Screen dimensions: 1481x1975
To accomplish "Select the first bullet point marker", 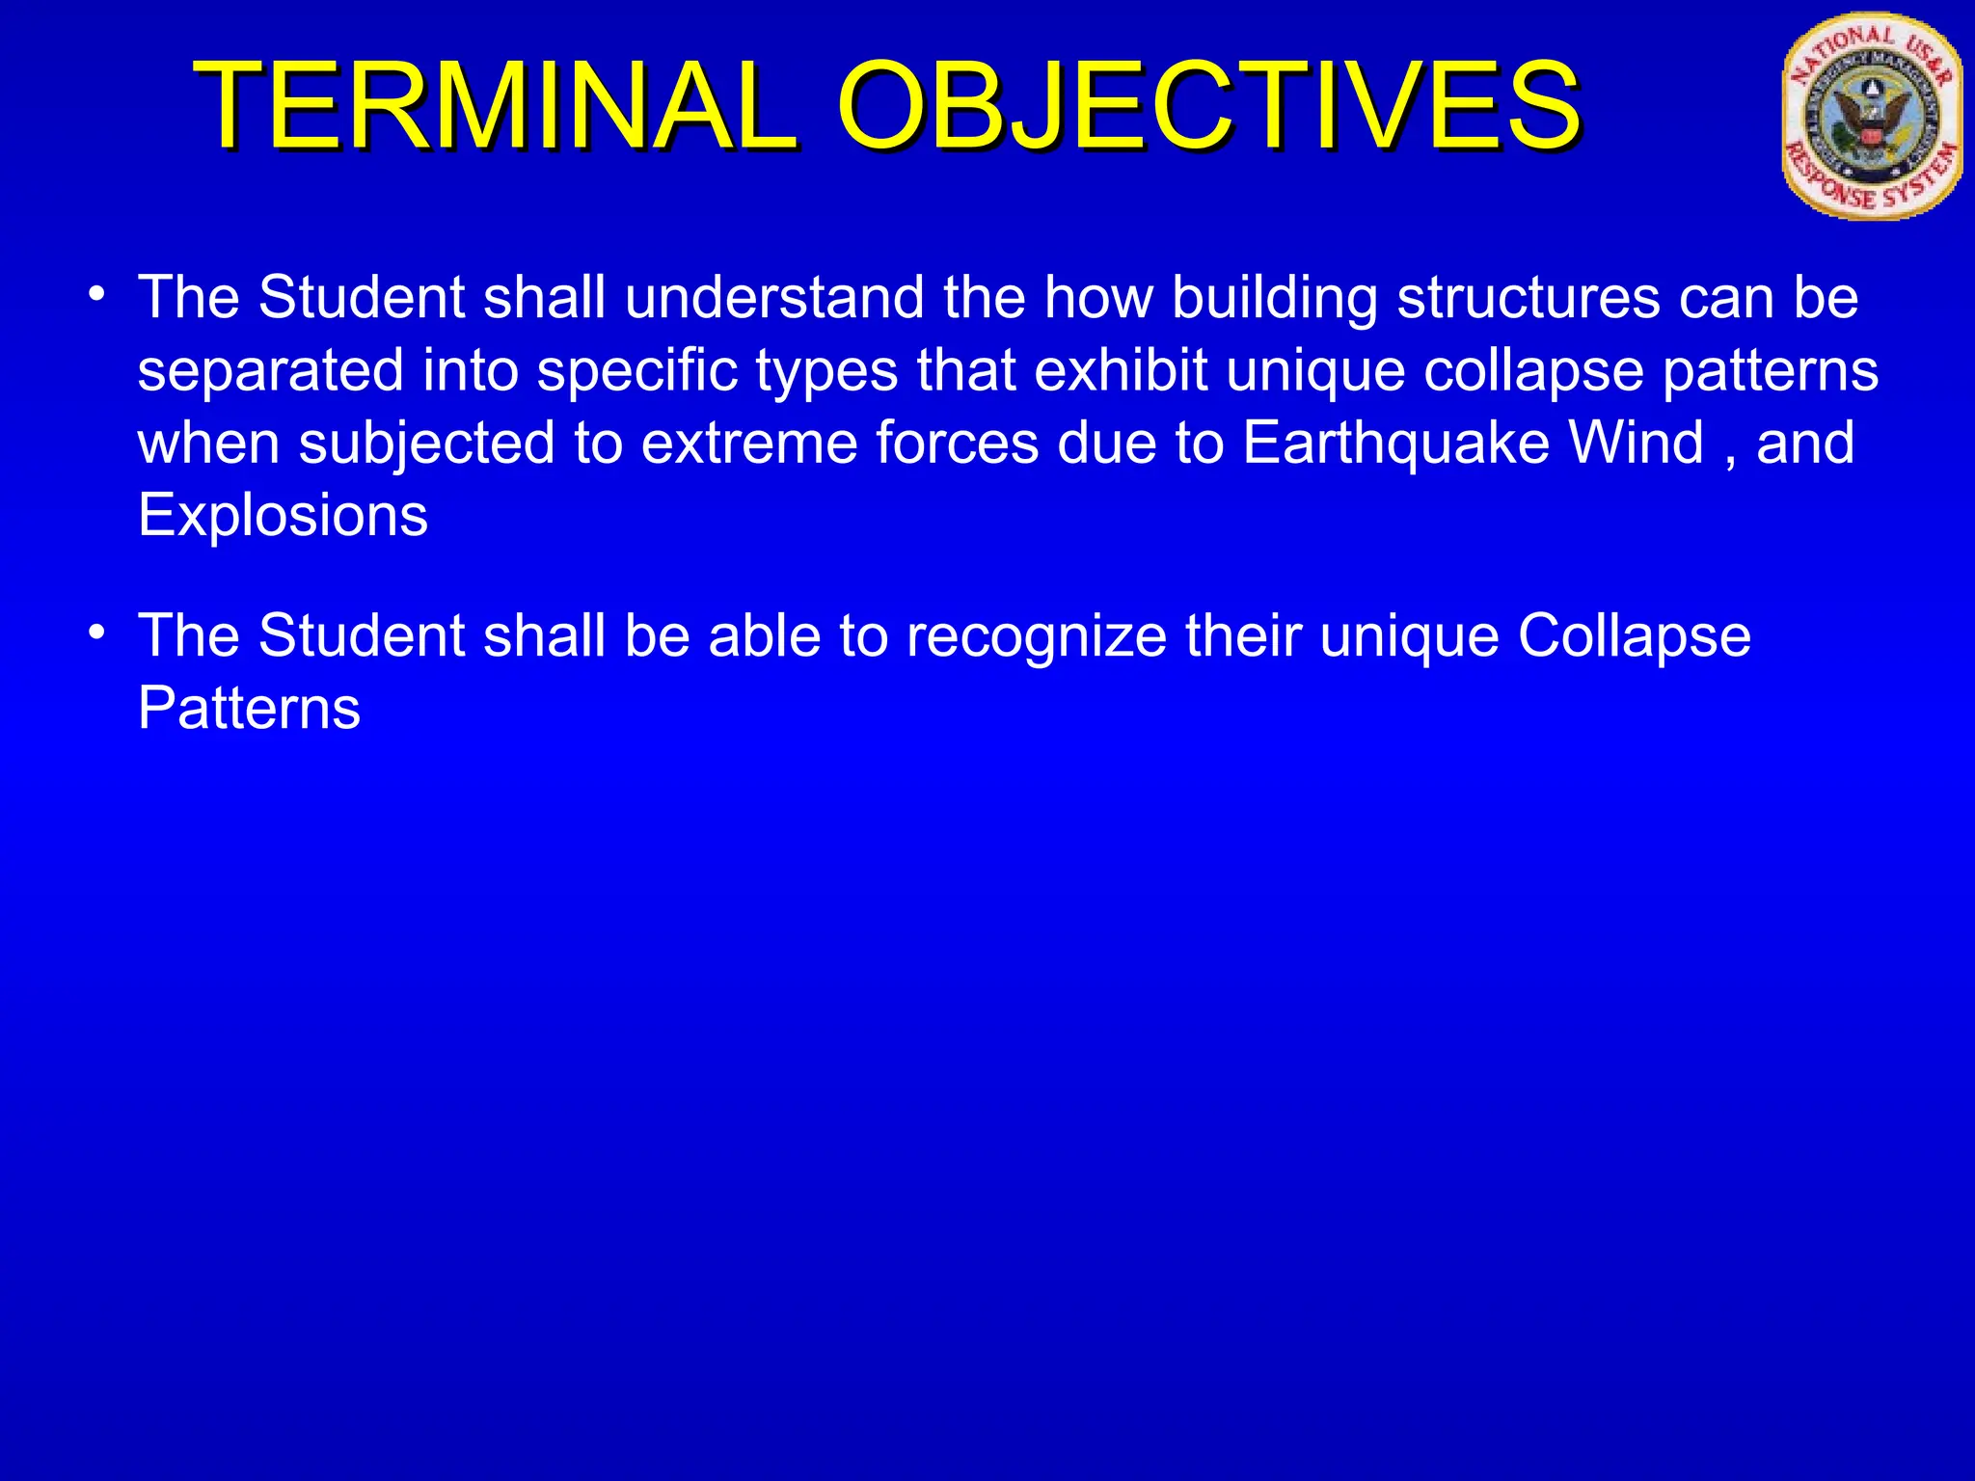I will (95, 291).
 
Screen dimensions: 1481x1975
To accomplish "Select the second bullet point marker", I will (95, 631).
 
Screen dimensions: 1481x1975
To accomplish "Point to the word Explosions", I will (283, 515).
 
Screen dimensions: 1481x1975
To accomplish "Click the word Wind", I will (1637, 443).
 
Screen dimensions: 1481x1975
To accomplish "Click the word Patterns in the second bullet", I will (249, 709).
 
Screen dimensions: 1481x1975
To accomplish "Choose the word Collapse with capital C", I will (1634, 637).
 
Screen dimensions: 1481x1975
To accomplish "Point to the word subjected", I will (427, 444).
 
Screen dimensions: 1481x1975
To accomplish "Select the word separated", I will (270, 372).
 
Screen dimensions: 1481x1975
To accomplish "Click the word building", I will (1274, 299).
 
